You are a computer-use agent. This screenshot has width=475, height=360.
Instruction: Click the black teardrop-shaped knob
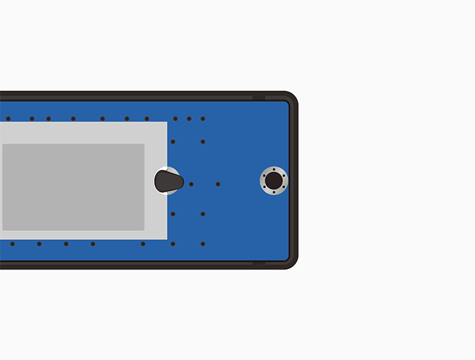[x=168, y=181]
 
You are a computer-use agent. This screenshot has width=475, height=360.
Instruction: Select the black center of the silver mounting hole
[x=274, y=181]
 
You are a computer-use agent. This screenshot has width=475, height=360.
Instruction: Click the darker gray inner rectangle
[x=73, y=187]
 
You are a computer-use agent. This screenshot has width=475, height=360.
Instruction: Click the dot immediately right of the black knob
[x=191, y=184]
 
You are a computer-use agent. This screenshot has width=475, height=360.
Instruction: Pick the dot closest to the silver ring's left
[x=218, y=184]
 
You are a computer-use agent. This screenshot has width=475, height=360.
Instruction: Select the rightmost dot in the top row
[x=203, y=119]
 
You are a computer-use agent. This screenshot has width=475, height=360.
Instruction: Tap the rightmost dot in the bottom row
[x=203, y=244]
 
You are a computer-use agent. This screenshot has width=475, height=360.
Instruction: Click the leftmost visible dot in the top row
[x=8, y=119]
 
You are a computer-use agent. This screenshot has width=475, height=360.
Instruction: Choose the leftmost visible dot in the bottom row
[x=12, y=244]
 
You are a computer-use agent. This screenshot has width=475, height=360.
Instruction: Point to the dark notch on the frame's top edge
[x=259, y=97]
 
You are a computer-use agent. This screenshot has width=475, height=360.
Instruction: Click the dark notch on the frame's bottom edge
[x=259, y=264]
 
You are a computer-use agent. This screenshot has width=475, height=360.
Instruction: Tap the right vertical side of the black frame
[x=294, y=181]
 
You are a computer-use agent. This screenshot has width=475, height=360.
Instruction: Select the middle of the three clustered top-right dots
[x=189, y=119]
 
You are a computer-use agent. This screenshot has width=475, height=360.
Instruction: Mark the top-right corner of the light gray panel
[x=166, y=123]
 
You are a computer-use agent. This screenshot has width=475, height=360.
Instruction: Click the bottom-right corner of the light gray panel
[x=166, y=238]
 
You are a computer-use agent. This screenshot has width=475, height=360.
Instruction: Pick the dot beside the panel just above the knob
[x=173, y=141]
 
